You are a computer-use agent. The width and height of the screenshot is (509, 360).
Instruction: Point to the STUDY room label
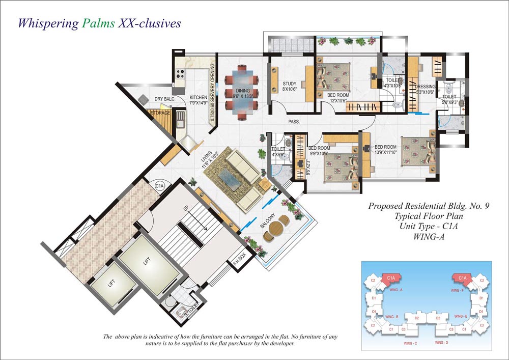[x=289, y=84]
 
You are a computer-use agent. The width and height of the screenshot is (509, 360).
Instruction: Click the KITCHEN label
[x=198, y=97]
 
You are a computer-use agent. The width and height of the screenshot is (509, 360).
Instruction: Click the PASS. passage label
[x=294, y=122]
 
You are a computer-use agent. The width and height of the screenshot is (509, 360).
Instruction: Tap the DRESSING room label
[x=425, y=87]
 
